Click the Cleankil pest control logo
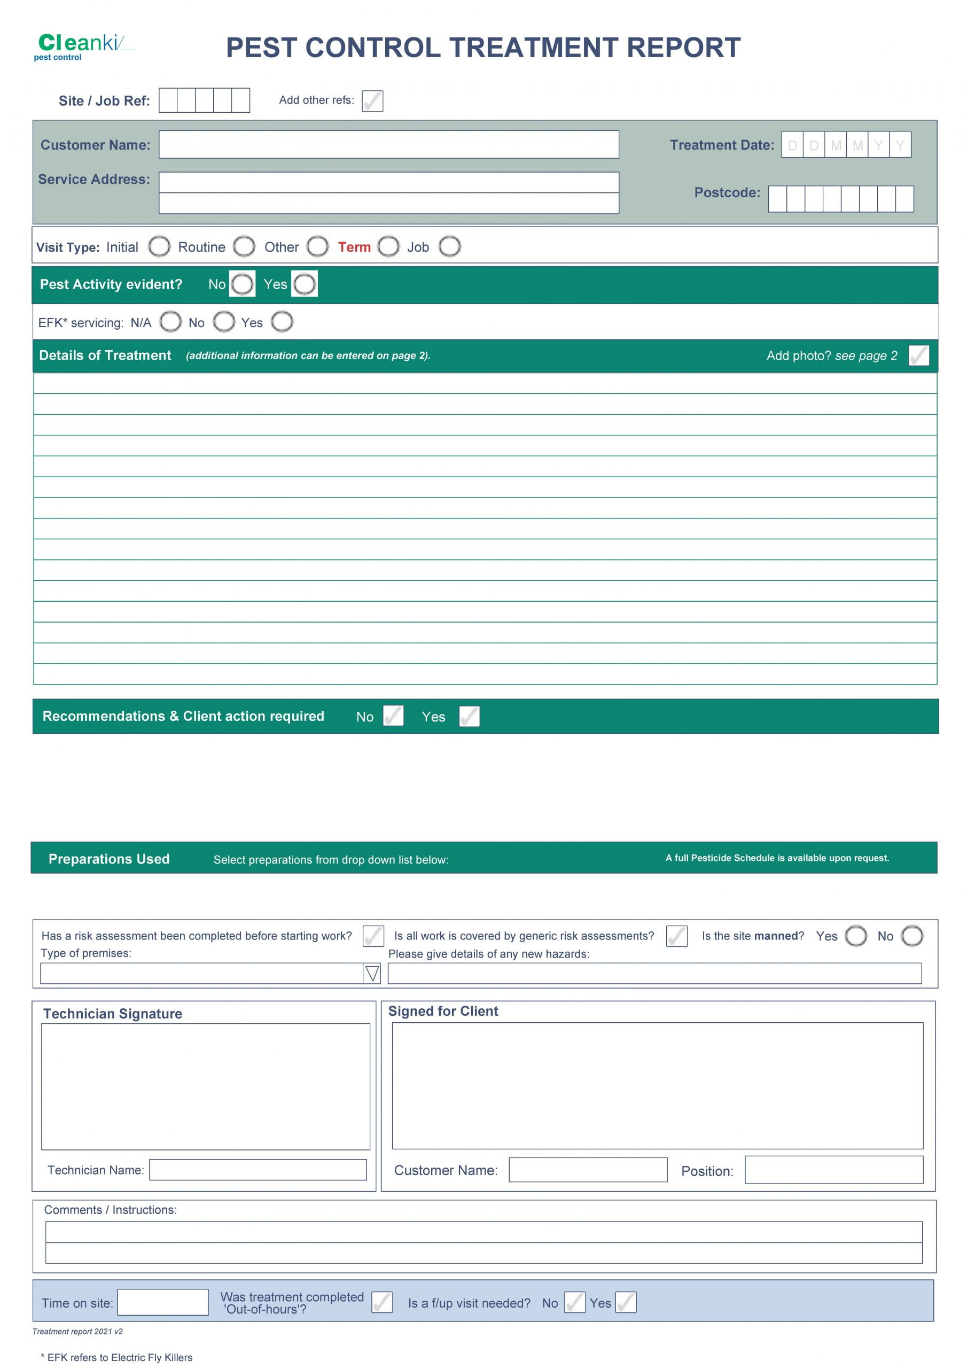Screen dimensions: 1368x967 [83, 46]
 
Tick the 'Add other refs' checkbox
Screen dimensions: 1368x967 [372, 100]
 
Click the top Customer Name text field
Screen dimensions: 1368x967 [388, 144]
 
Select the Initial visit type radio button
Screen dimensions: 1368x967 [159, 246]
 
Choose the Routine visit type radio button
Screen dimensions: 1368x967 [244, 246]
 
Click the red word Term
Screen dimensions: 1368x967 [354, 247]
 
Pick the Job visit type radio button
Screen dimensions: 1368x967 [450, 246]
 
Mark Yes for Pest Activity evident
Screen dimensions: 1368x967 [305, 284]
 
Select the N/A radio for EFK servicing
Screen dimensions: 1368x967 [170, 322]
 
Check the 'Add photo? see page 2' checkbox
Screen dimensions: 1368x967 [918, 356]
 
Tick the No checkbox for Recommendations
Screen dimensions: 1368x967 [393, 716]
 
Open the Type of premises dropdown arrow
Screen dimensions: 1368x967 [372, 974]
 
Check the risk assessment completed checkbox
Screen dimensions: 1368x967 [373, 936]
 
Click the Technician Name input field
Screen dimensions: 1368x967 [258, 1170]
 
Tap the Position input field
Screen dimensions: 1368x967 [833, 1170]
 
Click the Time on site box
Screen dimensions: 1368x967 [162, 1302]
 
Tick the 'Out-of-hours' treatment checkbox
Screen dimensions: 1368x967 [382, 1302]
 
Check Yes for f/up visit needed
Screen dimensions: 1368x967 [626, 1302]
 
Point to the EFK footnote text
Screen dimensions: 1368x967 [117, 1357]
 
